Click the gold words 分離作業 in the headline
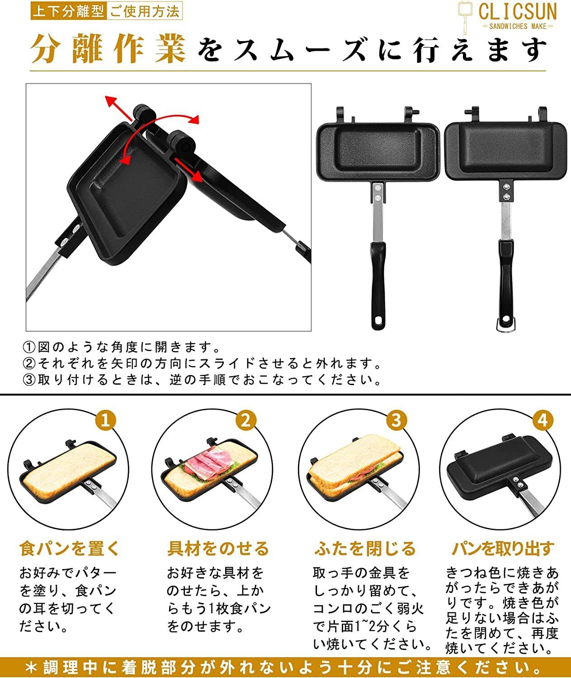[109, 49]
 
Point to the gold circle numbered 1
[105, 421]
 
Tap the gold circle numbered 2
[246, 421]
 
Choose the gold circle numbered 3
[396, 421]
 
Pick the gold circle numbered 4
[543, 421]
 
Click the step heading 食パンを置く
[69, 548]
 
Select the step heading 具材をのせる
[218, 548]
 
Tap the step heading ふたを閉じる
[365, 548]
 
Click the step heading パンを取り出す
[503, 548]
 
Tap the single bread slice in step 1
[68, 470]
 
